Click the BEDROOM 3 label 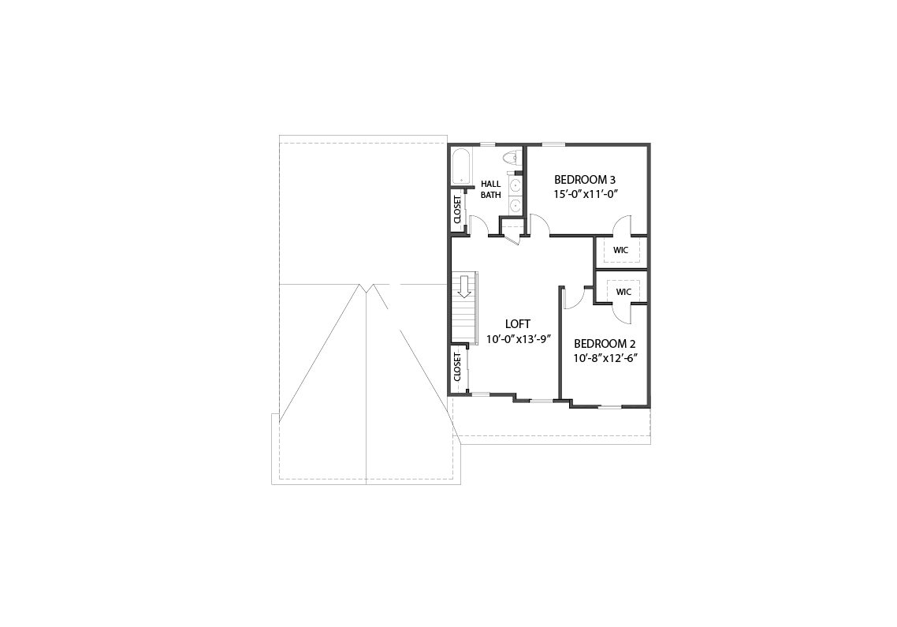pyautogui.click(x=585, y=180)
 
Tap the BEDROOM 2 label pyautogui.click(x=605, y=344)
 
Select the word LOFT pyautogui.click(x=518, y=324)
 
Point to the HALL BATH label pyautogui.click(x=491, y=189)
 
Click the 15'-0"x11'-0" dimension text pyautogui.click(x=586, y=194)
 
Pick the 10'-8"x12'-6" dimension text pyautogui.click(x=606, y=358)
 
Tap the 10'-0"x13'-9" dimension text pyautogui.click(x=519, y=339)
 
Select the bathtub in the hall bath pyautogui.click(x=460, y=166)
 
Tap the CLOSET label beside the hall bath pyautogui.click(x=457, y=210)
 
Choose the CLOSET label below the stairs pyautogui.click(x=457, y=367)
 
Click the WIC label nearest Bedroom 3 pyautogui.click(x=620, y=250)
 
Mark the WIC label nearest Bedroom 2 pyautogui.click(x=623, y=292)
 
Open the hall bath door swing pyautogui.click(x=478, y=225)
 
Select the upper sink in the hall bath pyautogui.click(x=515, y=185)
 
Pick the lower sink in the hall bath pyautogui.click(x=515, y=203)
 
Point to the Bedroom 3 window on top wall pyautogui.click(x=553, y=144)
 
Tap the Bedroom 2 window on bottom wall pyautogui.click(x=610, y=407)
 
